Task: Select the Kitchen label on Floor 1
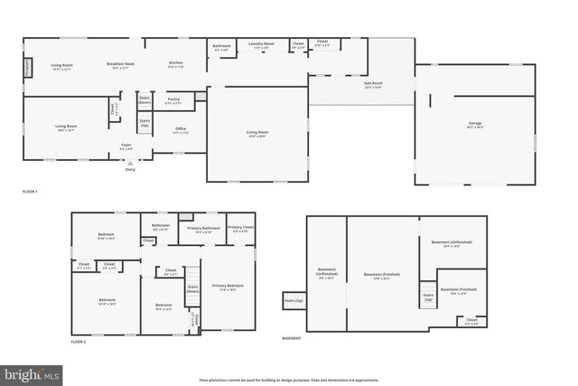[176, 64]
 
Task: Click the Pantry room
[174, 101]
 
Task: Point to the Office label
[180, 130]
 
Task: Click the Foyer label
[126, 146]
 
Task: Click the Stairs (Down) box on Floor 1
[144, 99]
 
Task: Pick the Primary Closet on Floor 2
[240, 230]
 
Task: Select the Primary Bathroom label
[204, 230]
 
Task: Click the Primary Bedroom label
[229, 287]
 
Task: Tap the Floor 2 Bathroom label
[161, 227]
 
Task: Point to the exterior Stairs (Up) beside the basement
[294, 300]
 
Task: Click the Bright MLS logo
[32, 372]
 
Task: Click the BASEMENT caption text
[292, 338]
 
